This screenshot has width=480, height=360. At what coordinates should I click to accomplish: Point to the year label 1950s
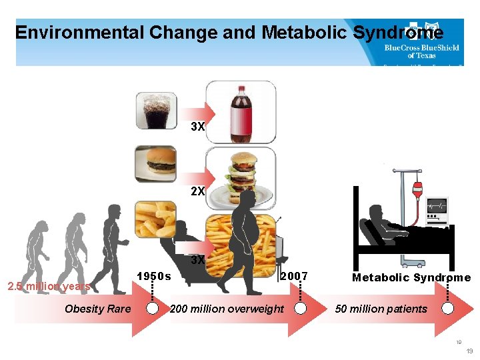pyautogui.click(x=153, y=276)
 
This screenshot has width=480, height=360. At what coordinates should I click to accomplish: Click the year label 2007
pyautogui.click(x=293, y=276)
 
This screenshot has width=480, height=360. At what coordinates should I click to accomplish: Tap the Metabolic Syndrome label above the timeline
pyautogui.click(x=411, y=277)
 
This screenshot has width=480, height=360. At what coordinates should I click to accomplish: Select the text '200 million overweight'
pyautogui.click(x=227, y=309)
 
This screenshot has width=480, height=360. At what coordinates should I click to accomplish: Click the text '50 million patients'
pyautogui.click(x=381, y=309)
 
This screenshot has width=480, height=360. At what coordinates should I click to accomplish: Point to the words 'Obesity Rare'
pyautogui.click(x=98, y=309)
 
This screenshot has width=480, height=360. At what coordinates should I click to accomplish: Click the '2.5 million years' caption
pyautogui.click(x=48, y=287)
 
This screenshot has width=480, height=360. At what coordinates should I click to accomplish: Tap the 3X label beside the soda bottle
pyautogui.click(x=197, y=127)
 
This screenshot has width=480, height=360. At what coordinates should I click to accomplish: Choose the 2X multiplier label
pyautogui.click(x=197, y=191)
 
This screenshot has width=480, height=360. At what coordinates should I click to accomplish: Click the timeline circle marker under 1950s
pyautogui.click(x=153, y=309)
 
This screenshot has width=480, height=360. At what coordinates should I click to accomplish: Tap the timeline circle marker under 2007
pyautogui.click(x=301, y=309)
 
